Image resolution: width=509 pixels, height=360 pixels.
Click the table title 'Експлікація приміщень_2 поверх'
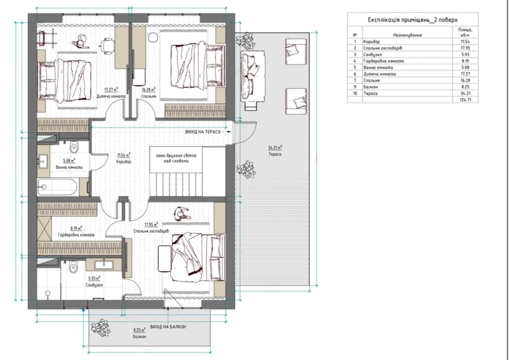click(x=413, y=20)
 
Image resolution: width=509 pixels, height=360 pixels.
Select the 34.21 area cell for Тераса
click(x=465, y=93)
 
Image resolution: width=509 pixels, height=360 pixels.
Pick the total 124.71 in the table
click(x=465, y=100)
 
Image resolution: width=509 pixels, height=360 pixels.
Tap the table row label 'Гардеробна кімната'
click(x=384, y=61)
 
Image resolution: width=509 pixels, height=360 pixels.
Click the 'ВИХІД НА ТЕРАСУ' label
click(x=203, y=132)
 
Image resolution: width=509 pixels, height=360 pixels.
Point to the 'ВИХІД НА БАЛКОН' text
click(x=168, y=327)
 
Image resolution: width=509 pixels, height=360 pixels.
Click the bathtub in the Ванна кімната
click(x=58, y=187)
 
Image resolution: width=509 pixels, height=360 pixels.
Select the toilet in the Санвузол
click(x=73, y=267)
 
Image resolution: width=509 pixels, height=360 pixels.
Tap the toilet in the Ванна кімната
click(x=74, y=147)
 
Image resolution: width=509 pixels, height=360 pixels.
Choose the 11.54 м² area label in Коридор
click(x=124, y=155)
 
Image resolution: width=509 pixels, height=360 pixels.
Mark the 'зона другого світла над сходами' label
click(x=176, y=158)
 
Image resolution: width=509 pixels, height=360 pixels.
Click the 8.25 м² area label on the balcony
click(x=139, y=330)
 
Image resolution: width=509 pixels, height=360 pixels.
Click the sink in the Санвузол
click(x=104, y=265)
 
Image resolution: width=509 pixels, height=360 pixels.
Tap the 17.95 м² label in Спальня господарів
click(x=151, y=225)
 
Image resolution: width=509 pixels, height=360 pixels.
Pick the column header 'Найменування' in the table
click(x=408, y=35)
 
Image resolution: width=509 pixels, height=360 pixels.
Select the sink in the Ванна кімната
click(x=43, y=161)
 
